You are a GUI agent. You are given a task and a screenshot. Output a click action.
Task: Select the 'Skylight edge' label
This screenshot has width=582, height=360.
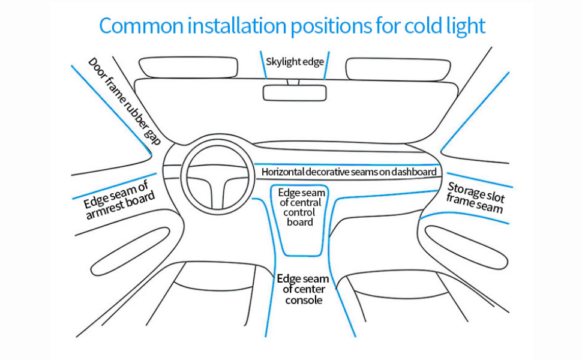295,61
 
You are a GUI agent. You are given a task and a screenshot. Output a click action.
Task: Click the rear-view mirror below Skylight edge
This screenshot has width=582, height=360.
295,92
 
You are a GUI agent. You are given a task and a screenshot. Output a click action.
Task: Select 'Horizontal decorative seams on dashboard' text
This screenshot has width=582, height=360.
349,172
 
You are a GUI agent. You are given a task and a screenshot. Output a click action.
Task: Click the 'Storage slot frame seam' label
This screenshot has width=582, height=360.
475,199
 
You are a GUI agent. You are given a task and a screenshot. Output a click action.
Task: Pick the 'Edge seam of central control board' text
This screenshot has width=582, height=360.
301,207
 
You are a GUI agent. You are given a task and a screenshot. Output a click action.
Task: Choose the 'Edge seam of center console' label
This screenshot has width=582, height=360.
302,289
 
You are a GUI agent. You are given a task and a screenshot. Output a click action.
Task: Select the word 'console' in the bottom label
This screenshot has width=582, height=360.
304,299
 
